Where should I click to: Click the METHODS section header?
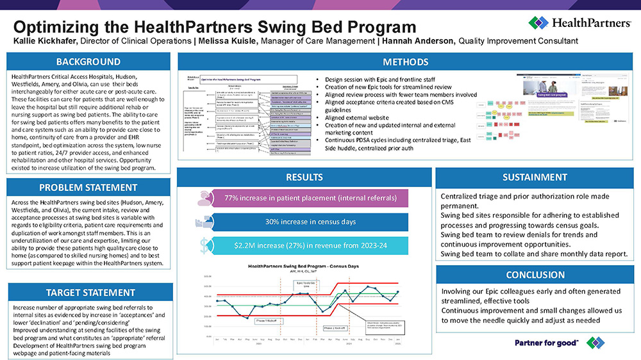point(405,62)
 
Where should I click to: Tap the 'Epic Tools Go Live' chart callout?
point(303,284)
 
